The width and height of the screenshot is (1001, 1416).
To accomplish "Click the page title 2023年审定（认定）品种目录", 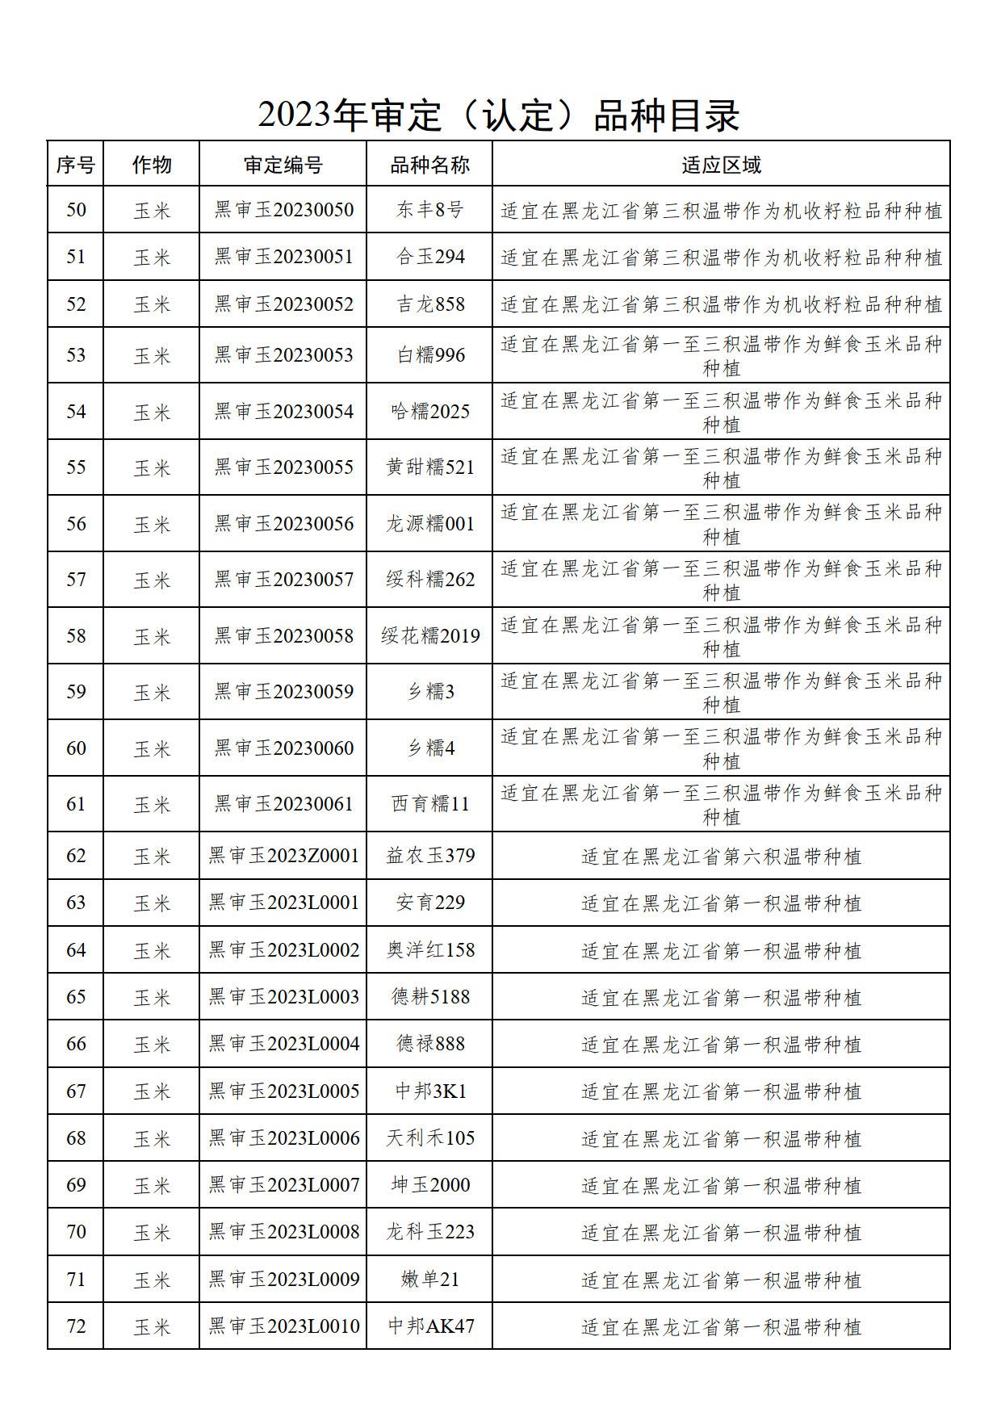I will coord(499,115).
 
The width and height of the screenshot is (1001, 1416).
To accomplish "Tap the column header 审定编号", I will coord(283,165).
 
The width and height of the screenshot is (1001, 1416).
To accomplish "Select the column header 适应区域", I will coord(721,165).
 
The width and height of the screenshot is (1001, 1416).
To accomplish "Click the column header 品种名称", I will coord(429,165).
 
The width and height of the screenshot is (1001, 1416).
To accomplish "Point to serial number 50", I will coord(76,210).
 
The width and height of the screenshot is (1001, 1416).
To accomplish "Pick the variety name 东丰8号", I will coord(429,210).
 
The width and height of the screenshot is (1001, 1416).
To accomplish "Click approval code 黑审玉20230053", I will coord(283,355).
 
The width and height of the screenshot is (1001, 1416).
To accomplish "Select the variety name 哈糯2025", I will coord(429,412).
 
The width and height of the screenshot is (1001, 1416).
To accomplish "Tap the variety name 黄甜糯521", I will coord(429,467).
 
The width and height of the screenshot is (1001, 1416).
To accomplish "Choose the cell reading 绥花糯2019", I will coord(429,636).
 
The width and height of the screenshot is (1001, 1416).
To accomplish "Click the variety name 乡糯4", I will coord(429,748).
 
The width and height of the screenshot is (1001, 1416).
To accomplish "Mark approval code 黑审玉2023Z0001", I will coord(283,856).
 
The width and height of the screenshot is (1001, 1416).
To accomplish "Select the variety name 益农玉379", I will coord(429,856).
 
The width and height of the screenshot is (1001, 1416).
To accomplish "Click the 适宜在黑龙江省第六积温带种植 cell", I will coord(721,856).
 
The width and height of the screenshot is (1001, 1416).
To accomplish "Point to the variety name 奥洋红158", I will coord(429,950).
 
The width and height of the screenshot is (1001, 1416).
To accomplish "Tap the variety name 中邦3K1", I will coord(429,1091).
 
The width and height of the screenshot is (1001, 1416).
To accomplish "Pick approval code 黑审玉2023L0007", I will coord(283,1185).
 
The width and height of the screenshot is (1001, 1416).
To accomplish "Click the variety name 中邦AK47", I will coord(429,1326).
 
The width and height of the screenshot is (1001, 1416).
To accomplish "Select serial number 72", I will coord(76,1326).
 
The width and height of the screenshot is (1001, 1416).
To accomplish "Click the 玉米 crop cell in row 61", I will coord(152,804).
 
